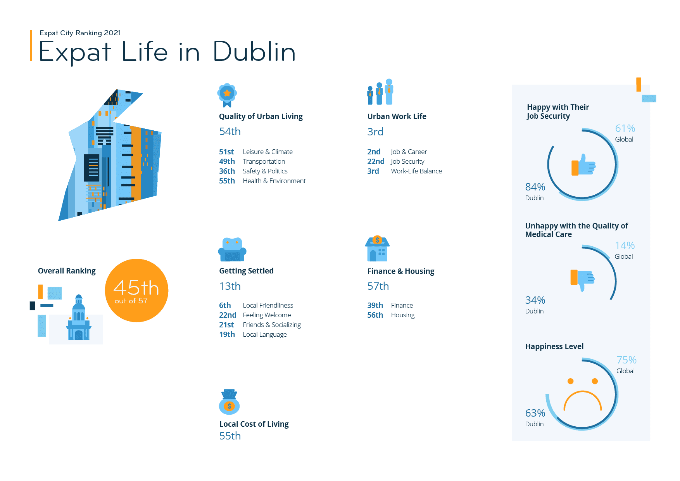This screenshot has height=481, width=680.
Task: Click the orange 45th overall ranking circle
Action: pyautogui.click(x=136, y=291)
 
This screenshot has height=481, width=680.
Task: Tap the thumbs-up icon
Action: pyautogui.click(x=583, y=165)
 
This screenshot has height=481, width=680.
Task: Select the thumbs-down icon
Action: pyautogui.click(x=582, y=279)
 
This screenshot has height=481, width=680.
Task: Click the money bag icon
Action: pyautogui.click(x=229, y=402)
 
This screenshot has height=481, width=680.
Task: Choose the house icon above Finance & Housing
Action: pyautogui.click(x=377, y=249)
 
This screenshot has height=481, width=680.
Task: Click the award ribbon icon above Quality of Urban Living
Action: pyautogui.click(x=227, y=95)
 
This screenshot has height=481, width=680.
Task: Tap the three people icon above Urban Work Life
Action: pyautogui.click(x=380, y=92)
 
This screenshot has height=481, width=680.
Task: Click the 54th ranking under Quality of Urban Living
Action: pyautogui.click(x=230, y=131)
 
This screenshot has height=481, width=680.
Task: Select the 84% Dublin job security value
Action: pyautogui.click(x=535, y=187)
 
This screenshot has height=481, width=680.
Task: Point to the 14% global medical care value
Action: pyautogui.click(x=625, y=246)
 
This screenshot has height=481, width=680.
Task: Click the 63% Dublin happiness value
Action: pyautogui.click(x=535, y=413)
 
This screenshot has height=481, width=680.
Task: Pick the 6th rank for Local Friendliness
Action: pyautogui.click(x=225, y=305)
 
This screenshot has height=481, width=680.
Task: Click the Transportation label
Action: pyautogui.click(x=264, y=161)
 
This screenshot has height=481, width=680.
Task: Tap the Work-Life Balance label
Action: pyautogui.click(x=416, y=171)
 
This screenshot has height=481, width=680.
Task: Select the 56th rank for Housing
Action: pyautogui.click(x=375, y=315)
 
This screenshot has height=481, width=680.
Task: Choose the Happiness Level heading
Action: pyautogui.click(x=554, y=346)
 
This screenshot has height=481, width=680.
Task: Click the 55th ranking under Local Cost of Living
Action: pyautogui.click(x=230, y=436)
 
